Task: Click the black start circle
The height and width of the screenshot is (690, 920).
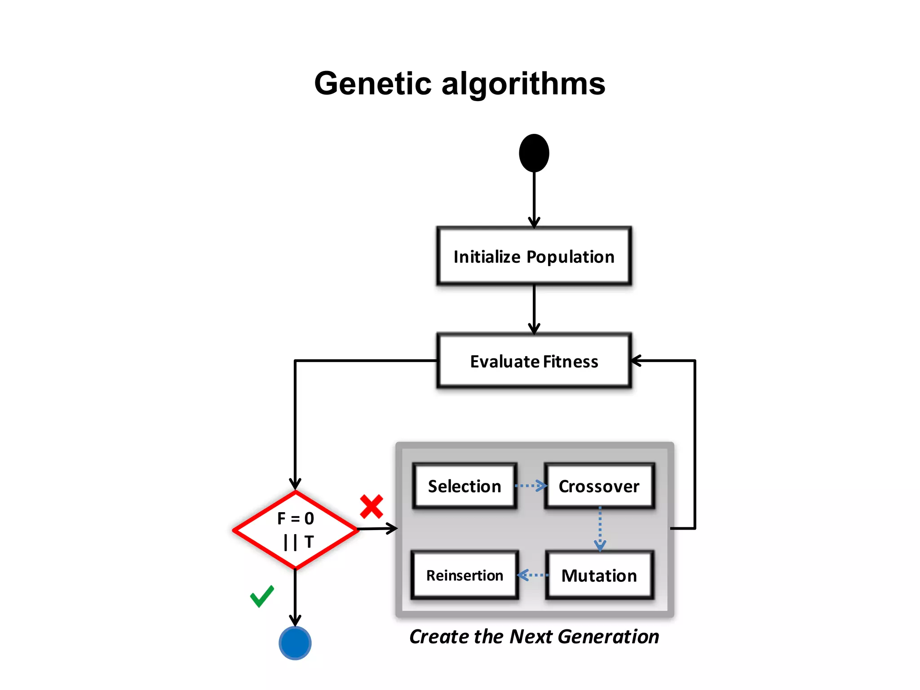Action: coord(534,153)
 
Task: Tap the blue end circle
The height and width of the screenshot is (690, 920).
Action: coord(295,643)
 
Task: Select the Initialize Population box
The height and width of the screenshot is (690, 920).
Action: coord(534,257)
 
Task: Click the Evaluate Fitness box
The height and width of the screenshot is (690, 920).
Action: coord(534,361)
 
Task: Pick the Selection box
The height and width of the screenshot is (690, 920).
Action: coord(464,486)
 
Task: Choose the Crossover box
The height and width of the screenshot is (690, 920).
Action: coord(599,486)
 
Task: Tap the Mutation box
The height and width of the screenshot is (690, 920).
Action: coord(599,575)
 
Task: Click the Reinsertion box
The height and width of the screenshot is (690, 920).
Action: coord(464,575)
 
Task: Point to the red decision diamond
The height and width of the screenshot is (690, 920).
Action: coord(295,530)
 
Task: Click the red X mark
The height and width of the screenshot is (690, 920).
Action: coord(372,506)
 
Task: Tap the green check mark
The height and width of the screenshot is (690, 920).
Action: coord(262,597)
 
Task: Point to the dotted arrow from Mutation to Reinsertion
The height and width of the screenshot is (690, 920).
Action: coord(533,575)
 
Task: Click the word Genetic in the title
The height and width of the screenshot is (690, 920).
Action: coord(372,84)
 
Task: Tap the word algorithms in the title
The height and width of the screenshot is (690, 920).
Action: coord(523,84)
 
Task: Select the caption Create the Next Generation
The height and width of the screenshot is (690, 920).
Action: coord(534,637)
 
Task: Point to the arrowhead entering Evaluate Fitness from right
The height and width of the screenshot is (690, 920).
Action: coord(635,360)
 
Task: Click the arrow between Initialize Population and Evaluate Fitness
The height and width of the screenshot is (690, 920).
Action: coord(534,309)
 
